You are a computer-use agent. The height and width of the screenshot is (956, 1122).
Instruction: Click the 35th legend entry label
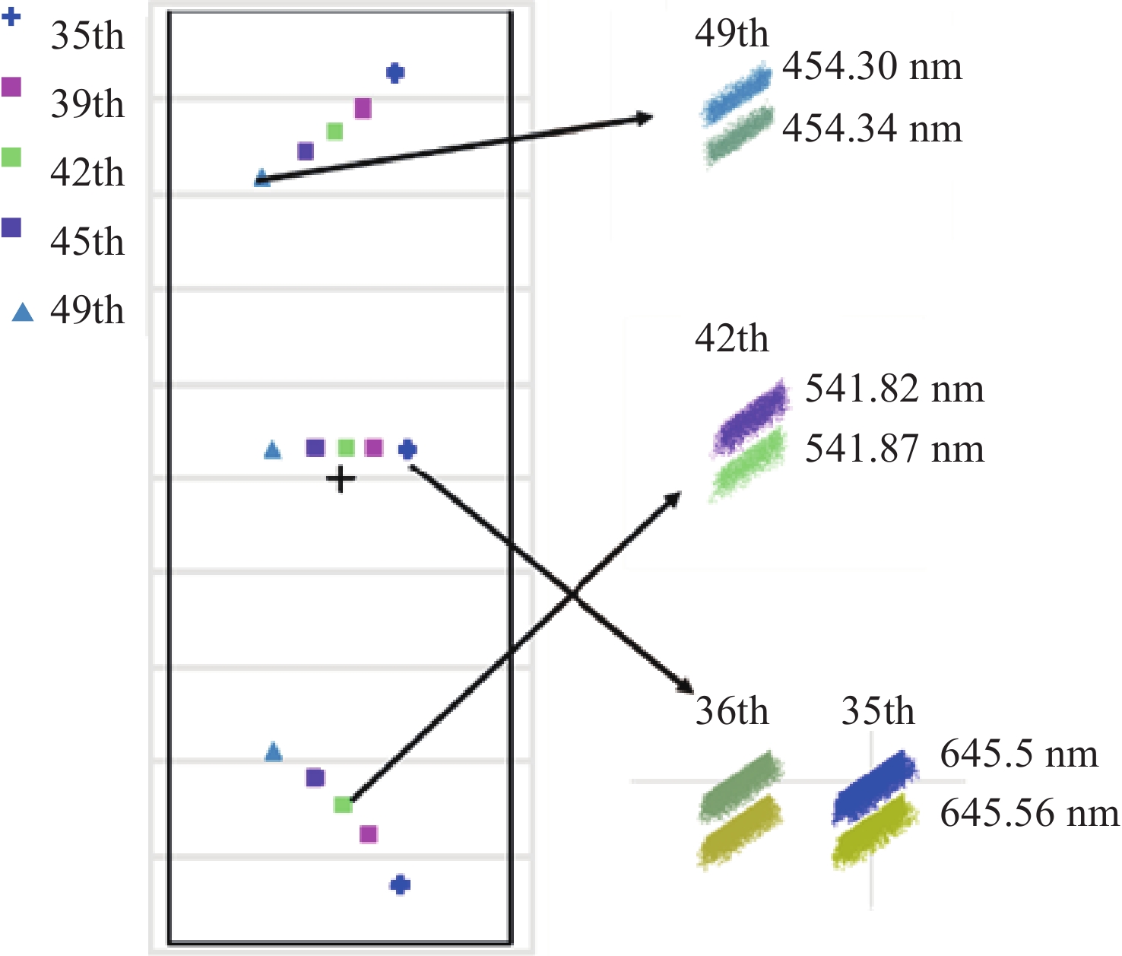87,36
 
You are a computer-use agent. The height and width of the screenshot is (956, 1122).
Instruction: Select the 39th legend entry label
87,104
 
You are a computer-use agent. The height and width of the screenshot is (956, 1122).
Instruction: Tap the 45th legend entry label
87,242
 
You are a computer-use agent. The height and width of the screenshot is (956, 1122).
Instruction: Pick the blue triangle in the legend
23,312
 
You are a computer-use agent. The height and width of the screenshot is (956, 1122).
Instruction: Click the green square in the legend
11,157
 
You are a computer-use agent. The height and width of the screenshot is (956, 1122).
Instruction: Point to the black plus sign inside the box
341,480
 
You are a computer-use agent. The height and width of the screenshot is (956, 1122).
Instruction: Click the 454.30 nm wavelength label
872,67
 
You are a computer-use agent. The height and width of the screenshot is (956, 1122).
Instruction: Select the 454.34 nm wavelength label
872,129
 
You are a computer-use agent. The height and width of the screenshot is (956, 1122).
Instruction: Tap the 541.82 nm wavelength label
894,389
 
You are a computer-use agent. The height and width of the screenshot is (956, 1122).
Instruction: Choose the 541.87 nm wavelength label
894,449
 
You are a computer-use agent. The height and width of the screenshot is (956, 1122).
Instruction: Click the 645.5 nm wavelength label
1019,754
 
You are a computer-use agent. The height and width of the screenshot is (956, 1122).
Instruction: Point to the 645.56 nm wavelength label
1029,814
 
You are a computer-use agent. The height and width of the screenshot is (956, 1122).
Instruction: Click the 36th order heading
731,712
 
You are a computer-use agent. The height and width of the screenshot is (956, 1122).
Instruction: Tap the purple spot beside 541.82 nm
752,419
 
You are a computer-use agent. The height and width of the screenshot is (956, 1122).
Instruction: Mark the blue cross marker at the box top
395,73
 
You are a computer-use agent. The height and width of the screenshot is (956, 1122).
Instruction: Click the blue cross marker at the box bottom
401,885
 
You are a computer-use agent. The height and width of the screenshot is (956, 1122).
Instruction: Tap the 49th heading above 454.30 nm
731,34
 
